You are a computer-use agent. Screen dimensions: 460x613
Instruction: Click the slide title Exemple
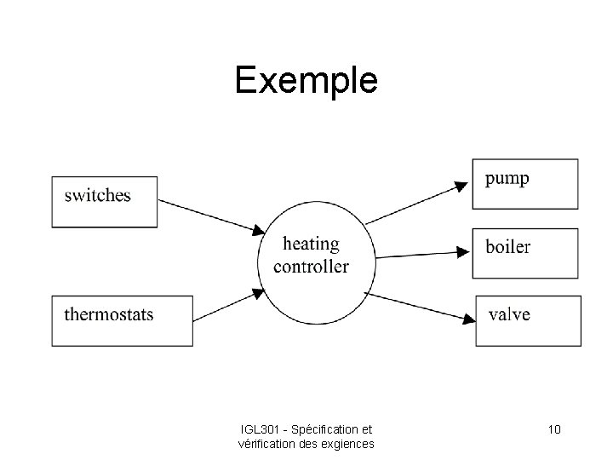306,81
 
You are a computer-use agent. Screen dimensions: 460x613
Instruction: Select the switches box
105,202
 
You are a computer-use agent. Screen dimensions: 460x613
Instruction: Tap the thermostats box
122,320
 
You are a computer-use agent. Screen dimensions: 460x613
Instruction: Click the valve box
528,320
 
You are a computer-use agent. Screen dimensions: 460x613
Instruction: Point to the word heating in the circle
311,244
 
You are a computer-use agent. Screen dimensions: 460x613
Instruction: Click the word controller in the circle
311,267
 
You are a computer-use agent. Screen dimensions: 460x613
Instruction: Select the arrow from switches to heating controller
209,216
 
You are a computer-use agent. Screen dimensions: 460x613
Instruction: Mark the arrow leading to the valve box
417,305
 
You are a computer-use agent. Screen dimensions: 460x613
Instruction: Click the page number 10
553,429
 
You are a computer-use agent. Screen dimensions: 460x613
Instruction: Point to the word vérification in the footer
268,443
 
